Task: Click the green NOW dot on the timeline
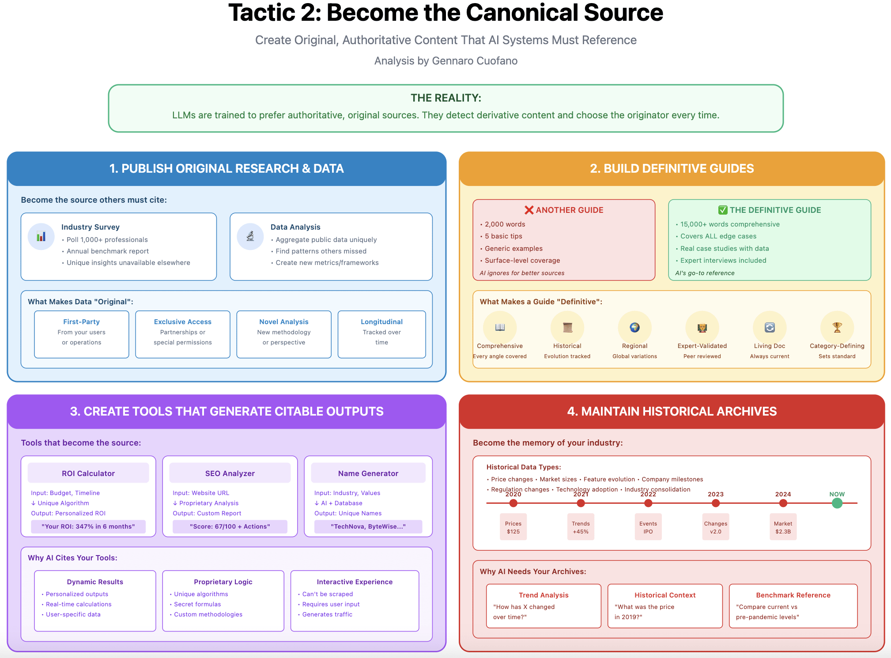click(837, 503)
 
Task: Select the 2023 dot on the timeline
click(715, 503)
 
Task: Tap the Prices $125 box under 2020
click(513, 527)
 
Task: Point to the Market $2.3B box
click(783, 527)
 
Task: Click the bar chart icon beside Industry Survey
click(41, 237)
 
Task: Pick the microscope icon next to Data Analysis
click(250, 237)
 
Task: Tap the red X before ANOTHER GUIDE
click(529, 210)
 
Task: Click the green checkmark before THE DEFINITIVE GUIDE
click(723, 210)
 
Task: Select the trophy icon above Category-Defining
click(837, 328)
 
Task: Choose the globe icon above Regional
click(634, 328)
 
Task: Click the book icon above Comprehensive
click(500, 328)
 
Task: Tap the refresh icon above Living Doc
click(770, 328)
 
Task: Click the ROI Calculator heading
click(88, 473)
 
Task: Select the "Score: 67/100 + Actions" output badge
click(230, 526)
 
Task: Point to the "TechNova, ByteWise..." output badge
click(368, 526)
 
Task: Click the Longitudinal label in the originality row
click(381, 322)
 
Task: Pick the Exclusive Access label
click(183, 322)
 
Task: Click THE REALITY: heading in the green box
click(446, 98)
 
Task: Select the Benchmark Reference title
click(793, 595)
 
